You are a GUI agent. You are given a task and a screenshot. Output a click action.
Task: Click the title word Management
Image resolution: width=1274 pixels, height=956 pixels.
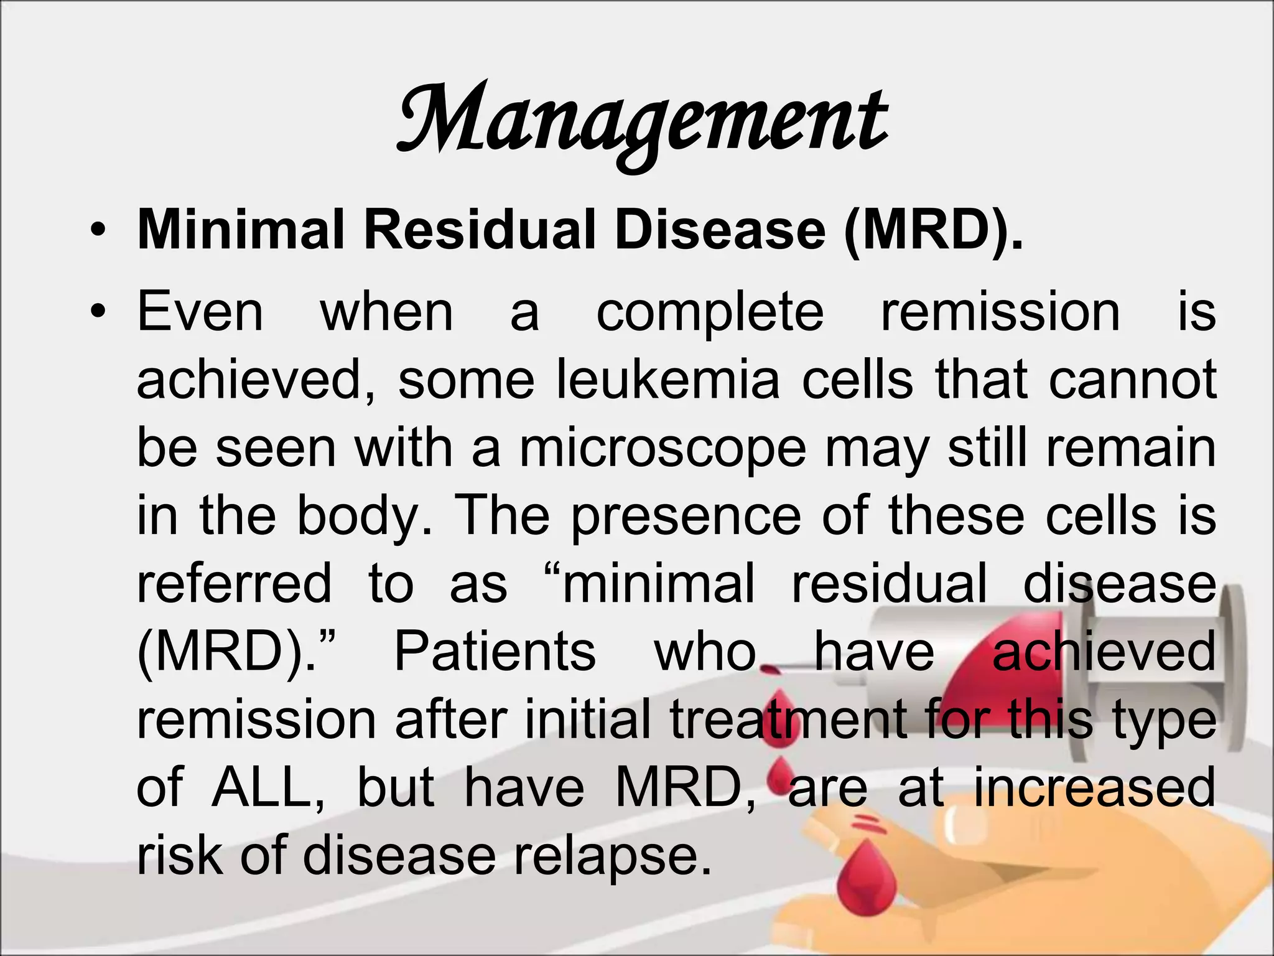pos(642,121)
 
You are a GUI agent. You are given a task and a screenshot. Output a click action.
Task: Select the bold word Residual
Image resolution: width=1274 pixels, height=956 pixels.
pos(480,231)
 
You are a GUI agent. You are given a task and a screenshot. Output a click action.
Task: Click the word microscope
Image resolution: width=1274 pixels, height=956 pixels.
pos(663,449)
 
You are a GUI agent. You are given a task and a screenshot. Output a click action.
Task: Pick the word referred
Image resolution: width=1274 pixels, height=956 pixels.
pos(234,584)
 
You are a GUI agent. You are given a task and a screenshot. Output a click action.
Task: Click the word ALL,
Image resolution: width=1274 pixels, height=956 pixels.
pos(268,788)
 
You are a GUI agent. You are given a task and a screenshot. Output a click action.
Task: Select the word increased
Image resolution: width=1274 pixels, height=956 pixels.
pos(1094,788)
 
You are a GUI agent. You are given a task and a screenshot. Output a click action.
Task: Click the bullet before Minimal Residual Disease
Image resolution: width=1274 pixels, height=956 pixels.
pos(97,232)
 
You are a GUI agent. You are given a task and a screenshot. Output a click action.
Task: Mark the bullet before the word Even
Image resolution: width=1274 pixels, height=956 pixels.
pos(97,312)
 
